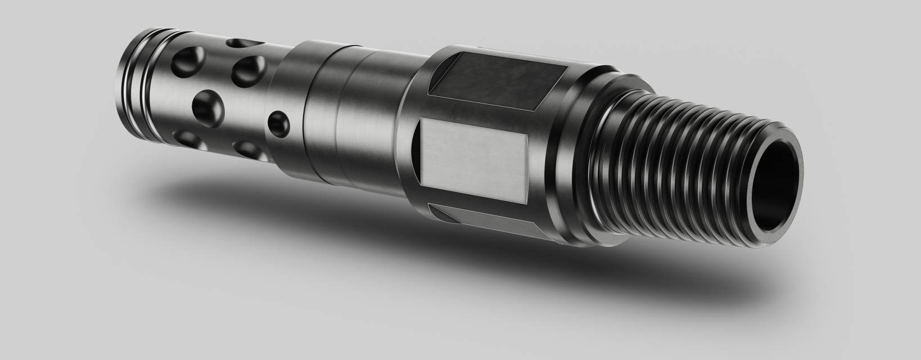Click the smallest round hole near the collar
[x=279, y=122]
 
